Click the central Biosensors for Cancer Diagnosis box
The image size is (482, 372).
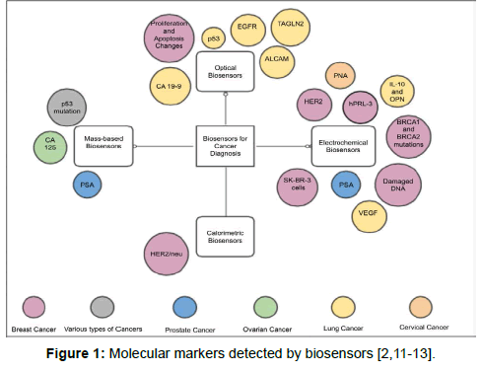[x=225, y=145]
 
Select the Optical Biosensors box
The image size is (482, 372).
[x=226, y=71]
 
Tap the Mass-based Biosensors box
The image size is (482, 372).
[x=103, y=146]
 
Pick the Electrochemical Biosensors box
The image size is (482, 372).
[x=343, y=145]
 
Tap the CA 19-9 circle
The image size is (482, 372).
[x=171, y=87]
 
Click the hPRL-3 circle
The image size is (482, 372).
[x=362, y=104]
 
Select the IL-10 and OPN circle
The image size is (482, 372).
[x=397, y=90]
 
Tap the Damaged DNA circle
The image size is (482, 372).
[x=399, y=185]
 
